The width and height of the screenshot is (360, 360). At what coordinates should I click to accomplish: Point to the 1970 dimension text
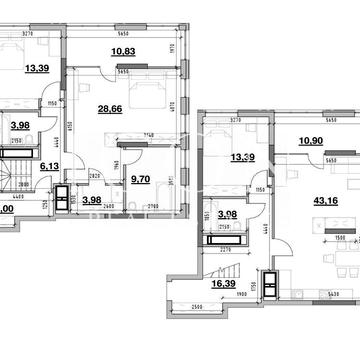point(171,48)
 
